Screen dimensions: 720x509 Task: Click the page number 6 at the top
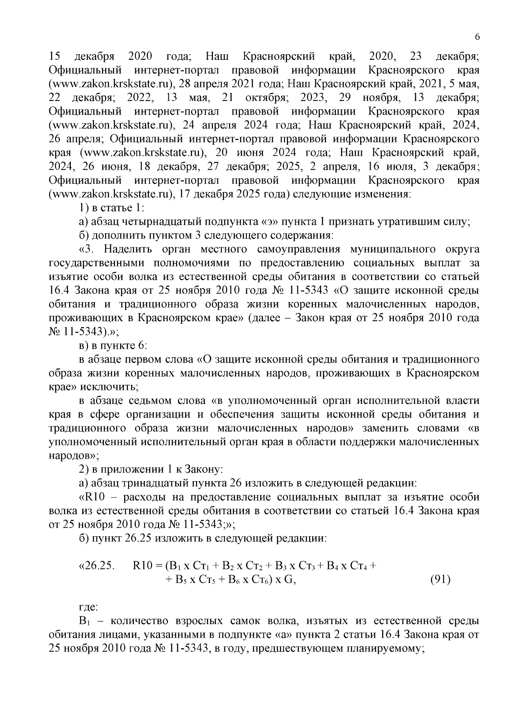pos(477,37)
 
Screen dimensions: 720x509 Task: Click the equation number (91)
pos(440,580)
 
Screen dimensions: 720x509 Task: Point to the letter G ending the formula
pos(289,580)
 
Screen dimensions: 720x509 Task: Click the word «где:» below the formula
pos(89,607)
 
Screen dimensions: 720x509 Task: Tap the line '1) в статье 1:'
pos(112,208)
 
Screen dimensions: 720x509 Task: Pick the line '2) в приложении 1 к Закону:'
pos(151,470)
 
